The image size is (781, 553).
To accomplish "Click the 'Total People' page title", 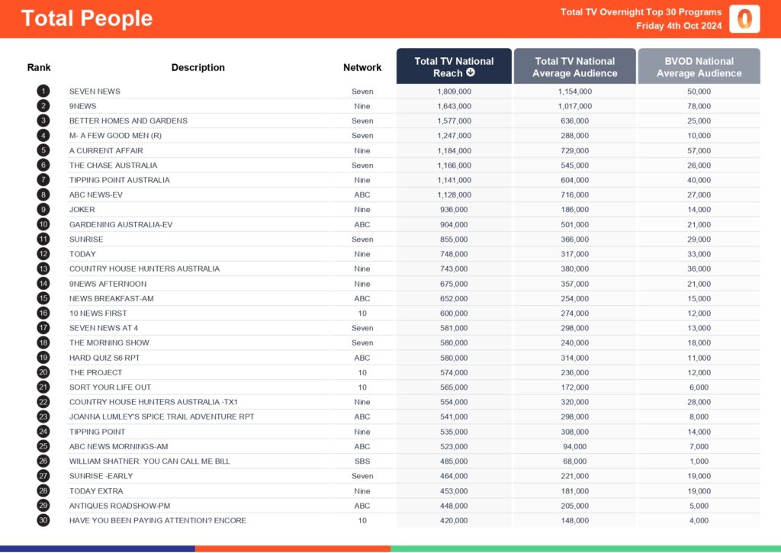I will (87, 18).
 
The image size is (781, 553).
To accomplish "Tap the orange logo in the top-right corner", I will (744, 19).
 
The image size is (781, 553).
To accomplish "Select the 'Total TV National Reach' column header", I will (454, 66).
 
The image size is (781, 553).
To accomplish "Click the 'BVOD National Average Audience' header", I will (699, 66).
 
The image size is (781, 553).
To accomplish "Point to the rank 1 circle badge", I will (43, 91).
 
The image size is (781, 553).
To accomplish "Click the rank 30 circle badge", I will (43, 520).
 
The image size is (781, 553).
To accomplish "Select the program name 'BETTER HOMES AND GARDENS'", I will (128, 121).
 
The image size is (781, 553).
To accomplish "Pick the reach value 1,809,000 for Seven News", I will (454, 91).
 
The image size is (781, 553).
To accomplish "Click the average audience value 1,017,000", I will (574, 106).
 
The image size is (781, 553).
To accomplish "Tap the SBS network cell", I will (362, 461).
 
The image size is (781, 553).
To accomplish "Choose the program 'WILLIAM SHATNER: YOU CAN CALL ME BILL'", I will (149, 461).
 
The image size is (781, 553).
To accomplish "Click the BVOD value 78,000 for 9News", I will (699, 106).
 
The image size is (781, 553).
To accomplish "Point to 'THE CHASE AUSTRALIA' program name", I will (113, 165).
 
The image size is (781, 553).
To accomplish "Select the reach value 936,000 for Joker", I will (454, 209).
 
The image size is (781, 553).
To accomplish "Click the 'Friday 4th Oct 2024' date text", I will (679, 26).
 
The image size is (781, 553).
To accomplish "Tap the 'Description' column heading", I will (198, 67).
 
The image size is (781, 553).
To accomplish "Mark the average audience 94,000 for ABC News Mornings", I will (574, 446).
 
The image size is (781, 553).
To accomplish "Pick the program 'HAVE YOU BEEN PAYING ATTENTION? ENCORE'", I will (157, 520).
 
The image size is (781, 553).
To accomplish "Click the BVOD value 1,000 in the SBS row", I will (699, 461).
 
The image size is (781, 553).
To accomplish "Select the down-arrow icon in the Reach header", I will (471, 73).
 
